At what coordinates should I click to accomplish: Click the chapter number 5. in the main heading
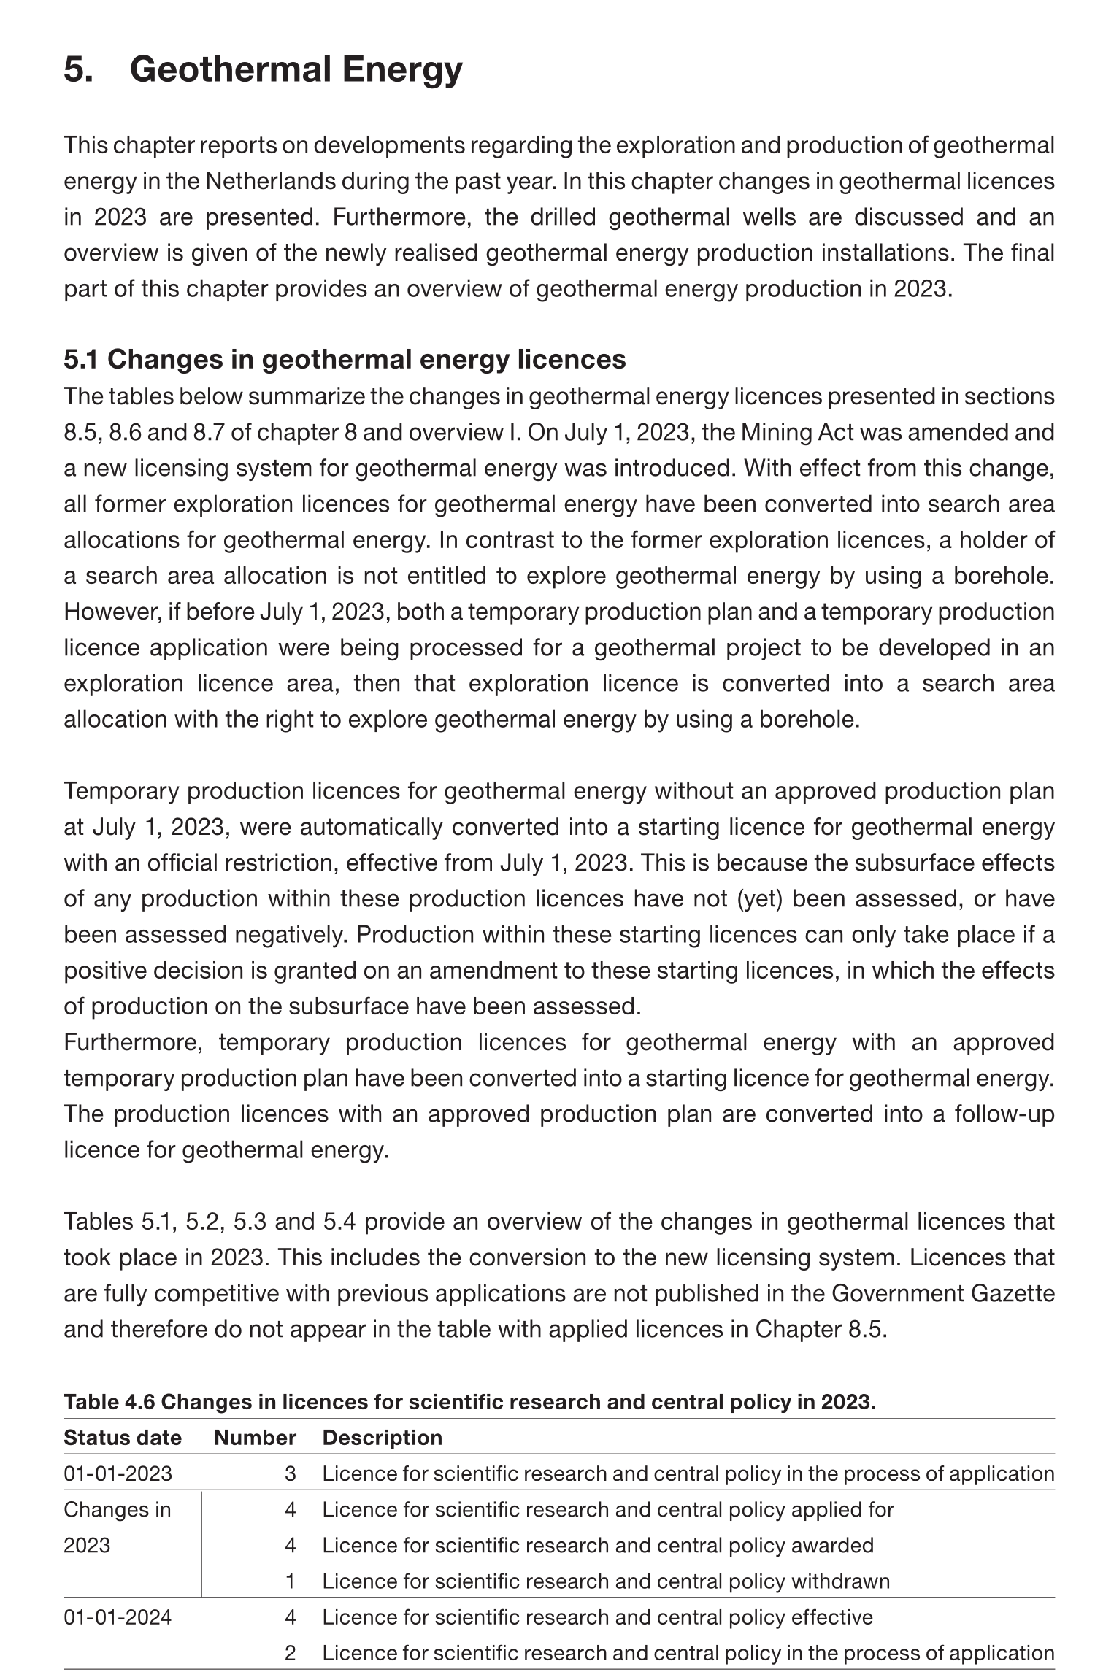coord(78,70)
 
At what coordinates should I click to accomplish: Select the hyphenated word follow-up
coord(1004,1114)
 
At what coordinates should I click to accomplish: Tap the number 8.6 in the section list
coord(126,432)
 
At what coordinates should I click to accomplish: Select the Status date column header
coord(122,1438)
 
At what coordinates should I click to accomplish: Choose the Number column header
coord(255,1438)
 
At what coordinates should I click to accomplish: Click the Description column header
coord(383,1438)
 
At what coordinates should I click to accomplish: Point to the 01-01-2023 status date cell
coord(118,1473)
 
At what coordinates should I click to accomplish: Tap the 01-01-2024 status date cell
coord(118,1617)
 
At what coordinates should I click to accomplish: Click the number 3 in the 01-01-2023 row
coord(290,1473)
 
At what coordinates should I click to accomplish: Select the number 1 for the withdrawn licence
coord(290,1581)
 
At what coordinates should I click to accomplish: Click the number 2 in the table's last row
coord(290,1653)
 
